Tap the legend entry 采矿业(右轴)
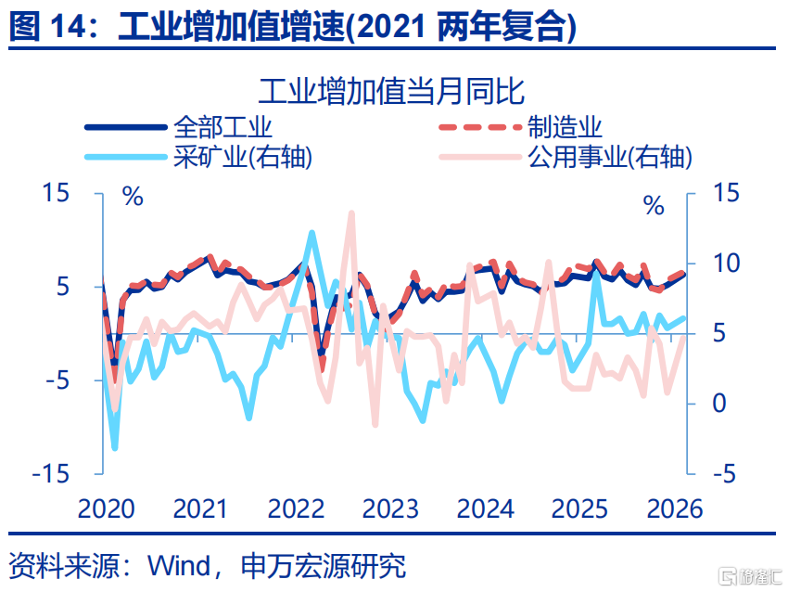point(243,156)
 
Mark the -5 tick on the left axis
point(52,380)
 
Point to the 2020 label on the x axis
point(106,508)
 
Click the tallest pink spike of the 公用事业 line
point(351,213)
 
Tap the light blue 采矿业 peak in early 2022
point(311,233)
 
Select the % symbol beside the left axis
point(133,197)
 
